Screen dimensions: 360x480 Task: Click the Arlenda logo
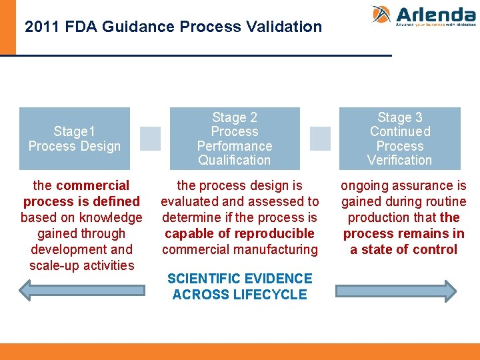point(423,15)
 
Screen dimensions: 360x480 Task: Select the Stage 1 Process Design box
point(75,139)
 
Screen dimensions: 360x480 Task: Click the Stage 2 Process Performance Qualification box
point(235,139)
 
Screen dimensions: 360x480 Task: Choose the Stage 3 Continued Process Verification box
point(400,139)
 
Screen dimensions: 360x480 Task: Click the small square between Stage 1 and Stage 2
point(150,139)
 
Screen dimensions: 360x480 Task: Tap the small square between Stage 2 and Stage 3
point(320,139)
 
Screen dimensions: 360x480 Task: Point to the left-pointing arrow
point(81,290)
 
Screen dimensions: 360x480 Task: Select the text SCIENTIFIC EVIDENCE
point(240,279)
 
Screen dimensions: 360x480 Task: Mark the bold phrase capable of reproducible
point(239,233)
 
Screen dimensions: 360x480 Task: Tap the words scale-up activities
point(81,265)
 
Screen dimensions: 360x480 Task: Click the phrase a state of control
point(404,249)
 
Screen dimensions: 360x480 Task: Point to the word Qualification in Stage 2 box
point(235,160)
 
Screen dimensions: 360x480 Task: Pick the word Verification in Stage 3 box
point(400,160)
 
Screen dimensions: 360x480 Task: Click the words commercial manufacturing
point(240,249)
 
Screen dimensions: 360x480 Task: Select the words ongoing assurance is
point(404,185)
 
